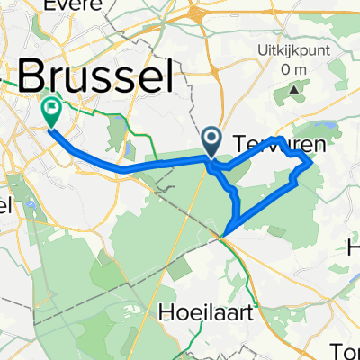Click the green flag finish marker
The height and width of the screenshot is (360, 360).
[x=50, y=112]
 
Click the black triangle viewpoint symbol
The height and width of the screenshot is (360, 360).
[x=294, y=91]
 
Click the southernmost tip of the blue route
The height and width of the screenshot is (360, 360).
[x=223, y=236]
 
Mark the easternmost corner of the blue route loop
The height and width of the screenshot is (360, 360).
[x=311, y=163]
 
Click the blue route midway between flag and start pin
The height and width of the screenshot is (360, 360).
[x=126, y=167]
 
